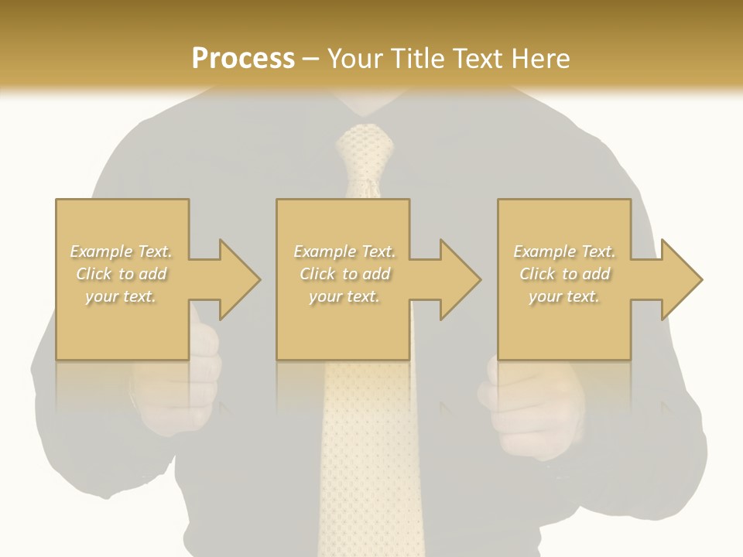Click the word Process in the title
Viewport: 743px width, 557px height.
pos(243,59)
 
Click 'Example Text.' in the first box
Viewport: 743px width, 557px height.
pos(122,251)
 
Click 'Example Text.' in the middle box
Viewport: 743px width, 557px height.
pos(344,251)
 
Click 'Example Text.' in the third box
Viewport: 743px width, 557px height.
pos(564,251)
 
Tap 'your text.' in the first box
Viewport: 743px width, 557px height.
pos(122,296)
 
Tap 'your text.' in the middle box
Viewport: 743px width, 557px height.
pos(344,296)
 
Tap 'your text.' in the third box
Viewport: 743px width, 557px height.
pos(564,296)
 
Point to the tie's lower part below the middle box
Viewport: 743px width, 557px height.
pos(364,464)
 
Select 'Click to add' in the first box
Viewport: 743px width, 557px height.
pos(122,274)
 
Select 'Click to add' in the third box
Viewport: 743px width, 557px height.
pos(564,274)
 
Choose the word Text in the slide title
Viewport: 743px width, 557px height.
pos(478,59)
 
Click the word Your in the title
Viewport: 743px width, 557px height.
pos(355,59)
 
